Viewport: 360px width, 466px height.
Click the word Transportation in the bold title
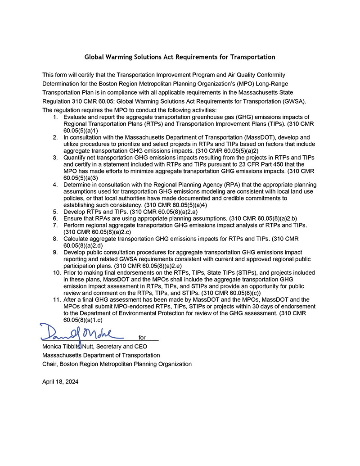tap(252, 57)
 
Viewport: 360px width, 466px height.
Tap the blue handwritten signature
tap(81, 332)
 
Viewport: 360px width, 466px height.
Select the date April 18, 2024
tap(60, 381)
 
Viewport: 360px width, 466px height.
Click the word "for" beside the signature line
tap(142, 338)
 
